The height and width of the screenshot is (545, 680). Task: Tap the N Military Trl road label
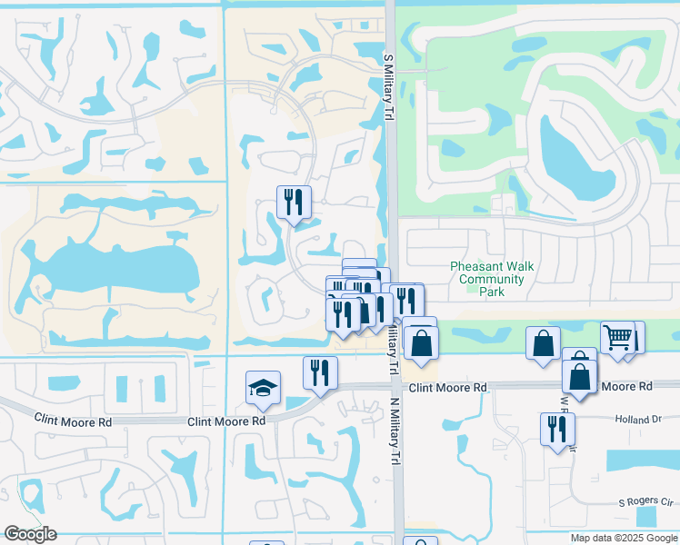395,351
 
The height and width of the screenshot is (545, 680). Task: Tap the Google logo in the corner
30,534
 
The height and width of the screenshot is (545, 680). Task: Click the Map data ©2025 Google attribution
624,538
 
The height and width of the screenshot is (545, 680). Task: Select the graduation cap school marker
264,388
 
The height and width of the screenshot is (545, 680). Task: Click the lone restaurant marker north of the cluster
294,203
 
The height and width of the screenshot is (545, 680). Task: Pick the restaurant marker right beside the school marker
320,372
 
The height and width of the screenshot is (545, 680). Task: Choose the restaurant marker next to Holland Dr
557,430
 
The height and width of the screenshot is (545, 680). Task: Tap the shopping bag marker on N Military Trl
421,343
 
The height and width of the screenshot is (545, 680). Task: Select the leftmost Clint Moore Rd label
73,420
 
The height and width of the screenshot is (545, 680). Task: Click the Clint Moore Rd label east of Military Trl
447,387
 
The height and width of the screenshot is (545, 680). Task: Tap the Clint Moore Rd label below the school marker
226,421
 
